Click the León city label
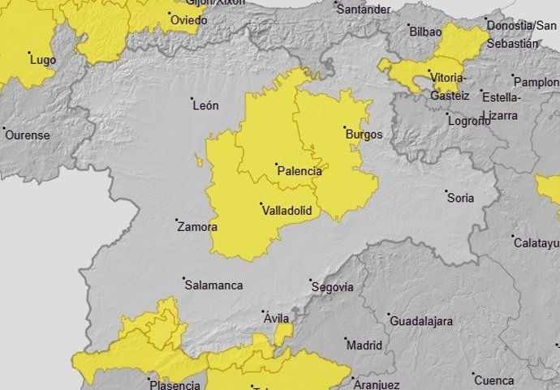[205, 105]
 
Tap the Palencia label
[299, 172]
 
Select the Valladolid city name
[288, 211]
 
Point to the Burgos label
[364, 135]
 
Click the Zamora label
[197, 227]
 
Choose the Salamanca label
[213, 285]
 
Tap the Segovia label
[333, 287]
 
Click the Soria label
[460, 197]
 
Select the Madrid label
[364, 345]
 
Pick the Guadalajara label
[420, 321]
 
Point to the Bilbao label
[425, 32]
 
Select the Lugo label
[42, 60]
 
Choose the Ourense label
[28, 135]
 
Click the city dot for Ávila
[263, 311]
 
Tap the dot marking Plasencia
[149, 379]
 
